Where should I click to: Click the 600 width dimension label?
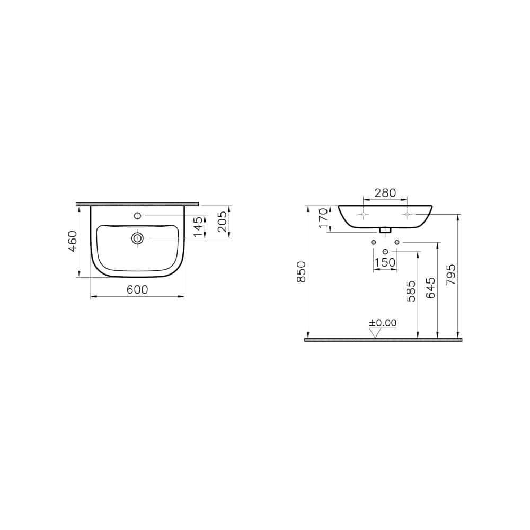(137, 290)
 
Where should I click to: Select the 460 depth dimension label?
(73, 241)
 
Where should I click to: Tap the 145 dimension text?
(199, 226)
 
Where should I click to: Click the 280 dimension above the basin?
(385, 193)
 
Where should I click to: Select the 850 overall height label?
(301, 272)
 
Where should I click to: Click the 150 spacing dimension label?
(385, 262)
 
